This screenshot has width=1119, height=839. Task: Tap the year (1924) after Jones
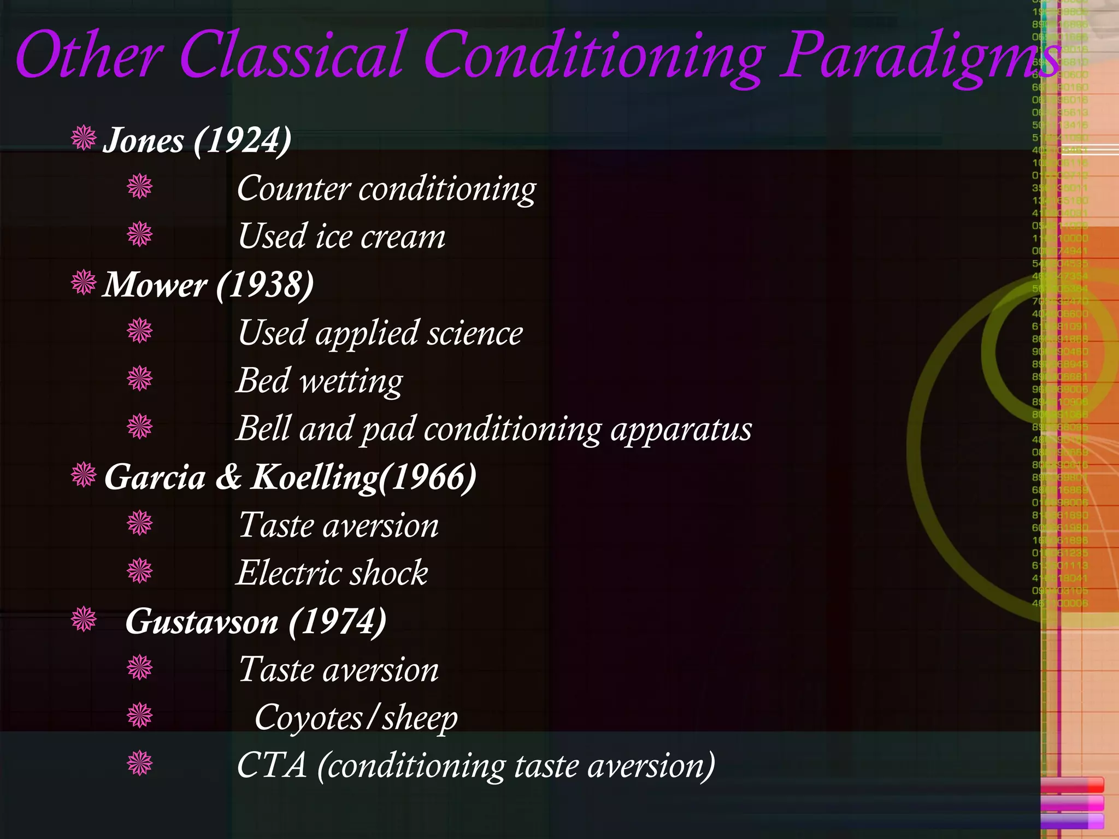point(242,141)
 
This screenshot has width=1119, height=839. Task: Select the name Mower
point(155,285)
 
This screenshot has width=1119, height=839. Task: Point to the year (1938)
point(265,285)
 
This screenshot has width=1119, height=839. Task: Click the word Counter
point(293,189)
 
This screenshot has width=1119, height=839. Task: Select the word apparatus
point(681,429)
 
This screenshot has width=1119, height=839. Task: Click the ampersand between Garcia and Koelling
point(228,477)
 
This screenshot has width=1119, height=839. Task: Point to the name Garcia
point(155,477)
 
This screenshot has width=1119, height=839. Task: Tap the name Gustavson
point(202,622)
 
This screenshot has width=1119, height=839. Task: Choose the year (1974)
point(338,622)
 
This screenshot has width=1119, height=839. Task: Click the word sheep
point(420,718)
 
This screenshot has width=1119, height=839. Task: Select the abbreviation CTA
point(272,766)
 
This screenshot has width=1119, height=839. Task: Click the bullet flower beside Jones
point(84,138)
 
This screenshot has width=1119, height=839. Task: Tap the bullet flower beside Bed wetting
point(140,379)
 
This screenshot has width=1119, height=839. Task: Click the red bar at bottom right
point(1071,785)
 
